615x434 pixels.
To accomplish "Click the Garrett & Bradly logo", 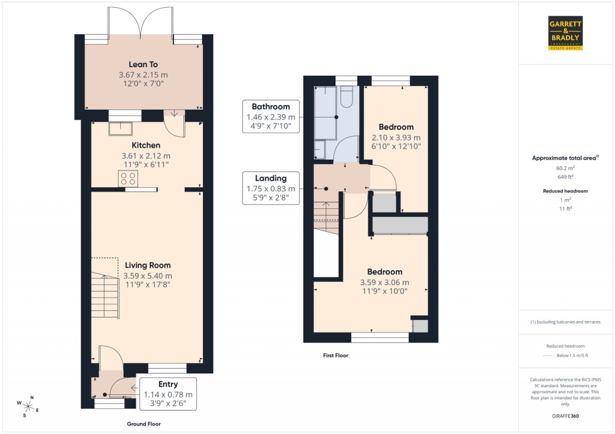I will pyautogui.click(x=565, y=33).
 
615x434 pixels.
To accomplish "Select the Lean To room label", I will pyautogui.click(x=143, y=64).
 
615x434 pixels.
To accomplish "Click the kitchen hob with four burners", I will pyautogui.click(x=128, y=178).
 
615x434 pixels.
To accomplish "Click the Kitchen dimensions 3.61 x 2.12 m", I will pyautogui.click(x=147, y=156).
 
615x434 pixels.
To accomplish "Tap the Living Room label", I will pyautogui.click(x=148, y=265).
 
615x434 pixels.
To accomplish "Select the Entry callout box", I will pyautogui.click(x=168, y=394).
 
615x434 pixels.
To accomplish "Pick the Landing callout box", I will pyautogui.click(x=271, y=188).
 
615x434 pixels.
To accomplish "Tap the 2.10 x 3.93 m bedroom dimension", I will pyautogui.click(x=396, y=137).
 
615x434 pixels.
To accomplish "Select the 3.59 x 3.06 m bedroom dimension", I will pyautogui.click(x=384, y=283).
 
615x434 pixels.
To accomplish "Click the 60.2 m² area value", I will pyautogui.click(x=565, y=169).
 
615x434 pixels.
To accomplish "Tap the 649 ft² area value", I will pyautogui.click(x=565, y=177).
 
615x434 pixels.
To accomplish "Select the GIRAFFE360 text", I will pyautogui.click(x=565, y=416).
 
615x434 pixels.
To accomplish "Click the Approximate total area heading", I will pyautogui.click(x=565, y=158).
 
